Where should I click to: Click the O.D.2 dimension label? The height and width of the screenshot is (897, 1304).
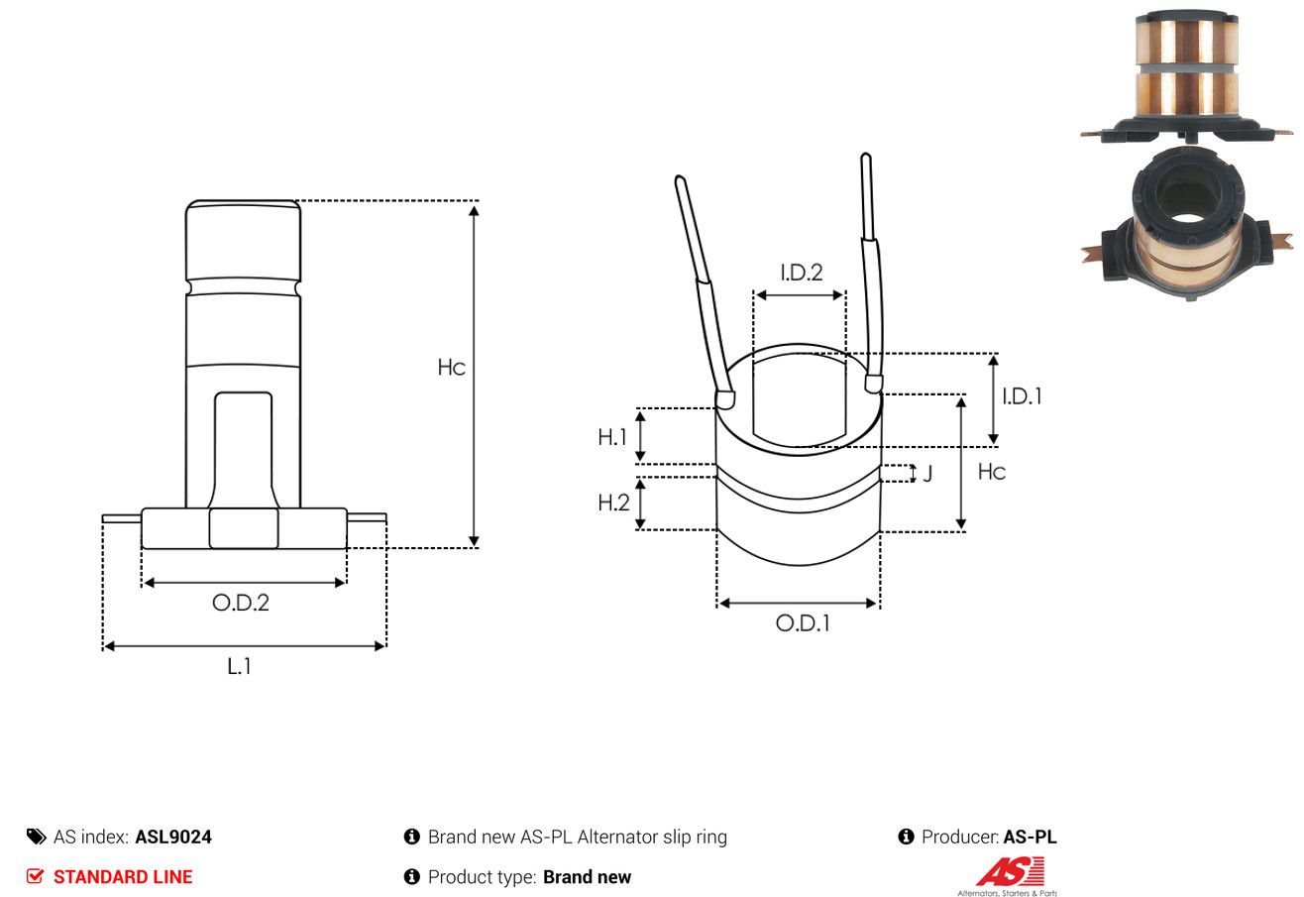pyautogui.click(x=241, y=603)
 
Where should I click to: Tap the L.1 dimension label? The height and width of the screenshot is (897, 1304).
pyautogui.click(x=239, y=666)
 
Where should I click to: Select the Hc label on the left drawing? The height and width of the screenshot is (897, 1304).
pyautogui.click(x=451, y=368)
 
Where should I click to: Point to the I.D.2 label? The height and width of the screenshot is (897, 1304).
pyautogui.click(x=802, y=273)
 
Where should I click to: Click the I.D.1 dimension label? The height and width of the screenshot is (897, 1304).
pyautogui.click(x=1022, y=396)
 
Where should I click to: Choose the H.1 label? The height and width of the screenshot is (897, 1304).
pyautogui.click(x=611, y=437)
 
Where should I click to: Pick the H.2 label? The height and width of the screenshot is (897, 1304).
pyautogui.click(x=613, y=503)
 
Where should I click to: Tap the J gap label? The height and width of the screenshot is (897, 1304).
pyautogui.click(x=927, y=473)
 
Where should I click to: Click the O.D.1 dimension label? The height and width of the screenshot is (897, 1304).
pyautogui.click(x=803, y=623)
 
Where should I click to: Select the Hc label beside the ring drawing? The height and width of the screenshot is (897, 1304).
pyautogui.click(x=992, y=472)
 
